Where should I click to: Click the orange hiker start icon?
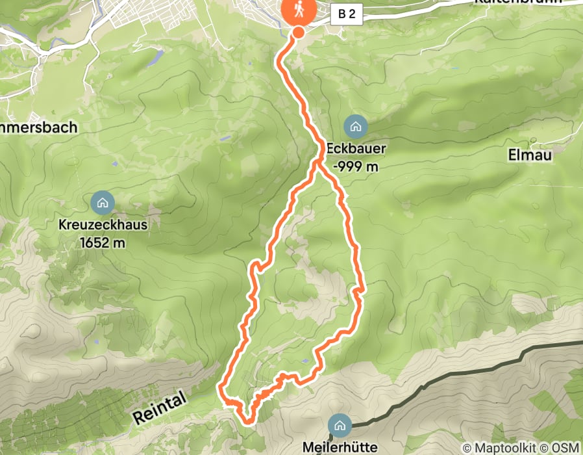(298, 10)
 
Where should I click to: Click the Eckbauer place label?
(356, 149)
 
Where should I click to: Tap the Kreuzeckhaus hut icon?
(102, 203)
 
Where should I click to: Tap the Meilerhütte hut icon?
(338, 425)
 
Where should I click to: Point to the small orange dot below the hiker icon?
(299, 32)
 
